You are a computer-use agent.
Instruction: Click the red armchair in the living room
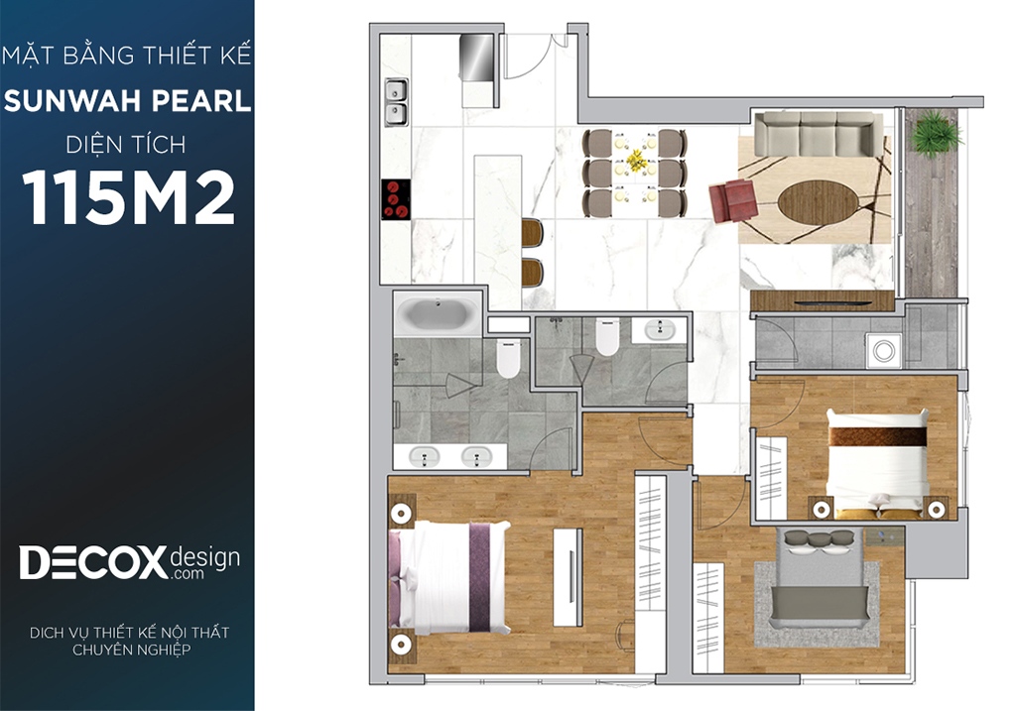pos(733,200)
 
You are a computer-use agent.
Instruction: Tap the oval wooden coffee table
pos(818,202)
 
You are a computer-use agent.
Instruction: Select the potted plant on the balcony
pos(934,134)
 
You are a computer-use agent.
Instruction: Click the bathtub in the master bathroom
pos(437,314)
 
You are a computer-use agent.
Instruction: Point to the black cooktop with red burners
pos(395,199)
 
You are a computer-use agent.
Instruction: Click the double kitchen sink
pos(396,102)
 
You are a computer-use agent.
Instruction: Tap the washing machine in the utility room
pos(884,350)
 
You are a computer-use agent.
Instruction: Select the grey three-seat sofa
pos(819,134)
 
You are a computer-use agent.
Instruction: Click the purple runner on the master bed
pos(479,577)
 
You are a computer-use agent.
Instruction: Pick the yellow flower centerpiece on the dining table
pos(635,162)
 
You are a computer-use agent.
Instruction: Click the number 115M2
pos(128,198)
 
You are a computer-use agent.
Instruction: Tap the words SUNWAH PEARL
pos(127,101)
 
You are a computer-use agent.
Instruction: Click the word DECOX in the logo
pos(93,562)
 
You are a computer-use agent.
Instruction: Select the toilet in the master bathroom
pos(508,359)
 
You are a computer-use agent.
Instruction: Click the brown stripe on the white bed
pos(878,436)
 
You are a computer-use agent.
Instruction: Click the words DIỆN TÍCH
pos(126,145)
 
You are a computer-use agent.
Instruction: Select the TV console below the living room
pos(823,301)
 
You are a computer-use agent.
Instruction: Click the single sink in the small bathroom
pos(660,329)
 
